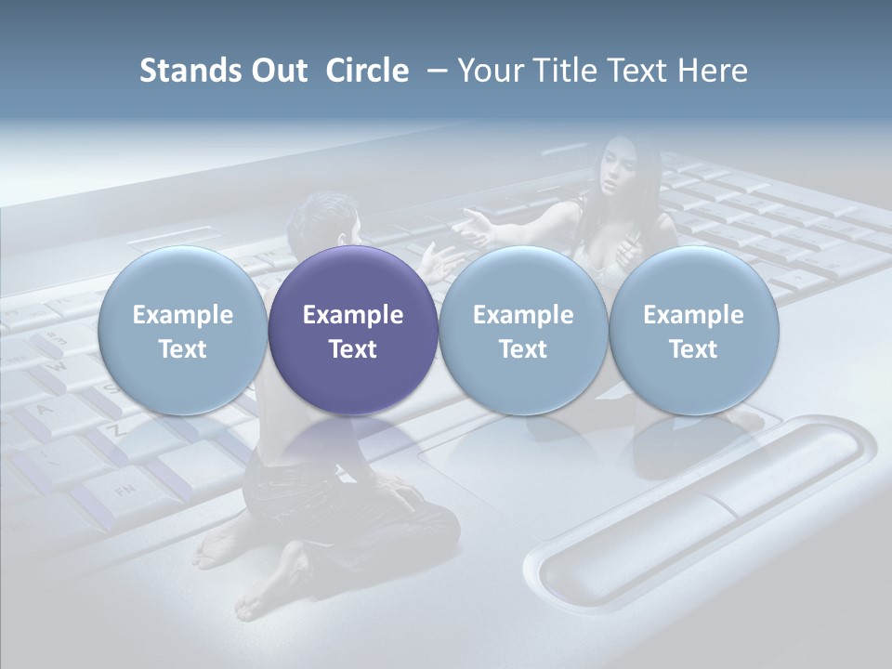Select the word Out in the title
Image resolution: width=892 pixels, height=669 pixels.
pos(276,71)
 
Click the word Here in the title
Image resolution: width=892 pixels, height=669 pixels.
pos(712,71)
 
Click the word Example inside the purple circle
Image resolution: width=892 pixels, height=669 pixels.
pos(353,315)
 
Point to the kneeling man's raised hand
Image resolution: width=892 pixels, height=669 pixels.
pos(437,260)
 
